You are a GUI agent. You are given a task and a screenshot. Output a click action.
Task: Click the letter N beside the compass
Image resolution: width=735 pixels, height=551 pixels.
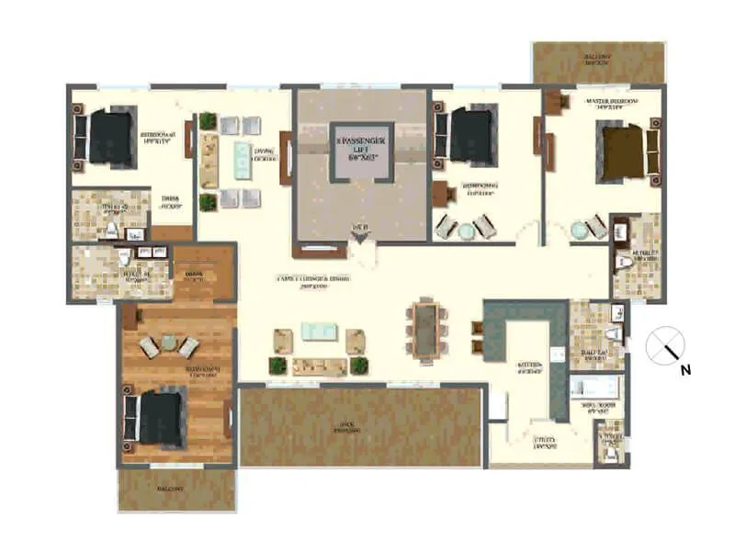(x=684, y=371)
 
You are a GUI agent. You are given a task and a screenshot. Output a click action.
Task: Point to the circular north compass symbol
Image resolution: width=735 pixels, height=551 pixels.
(x=665, y=346)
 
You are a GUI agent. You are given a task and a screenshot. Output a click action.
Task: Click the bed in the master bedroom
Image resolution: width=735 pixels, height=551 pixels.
(x=625, y=147)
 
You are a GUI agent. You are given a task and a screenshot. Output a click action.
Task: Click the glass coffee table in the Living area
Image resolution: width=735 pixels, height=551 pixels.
(x=242, y=151)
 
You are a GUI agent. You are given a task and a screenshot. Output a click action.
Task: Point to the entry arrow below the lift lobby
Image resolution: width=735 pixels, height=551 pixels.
(x=361, y=238)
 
